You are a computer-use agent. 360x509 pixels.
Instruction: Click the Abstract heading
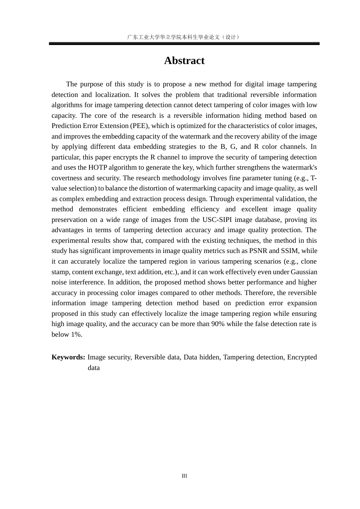click(184, 61)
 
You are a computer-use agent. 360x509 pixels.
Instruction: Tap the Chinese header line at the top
click(184, 37)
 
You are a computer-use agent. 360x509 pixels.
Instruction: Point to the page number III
click(184, 476)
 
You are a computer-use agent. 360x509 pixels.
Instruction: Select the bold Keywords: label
click(68, 357)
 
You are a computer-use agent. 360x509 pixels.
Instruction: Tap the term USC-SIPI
click(217, 220)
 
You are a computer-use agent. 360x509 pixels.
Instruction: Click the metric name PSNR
click(258, 251)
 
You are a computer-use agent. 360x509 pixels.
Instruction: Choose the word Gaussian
click(304, 272)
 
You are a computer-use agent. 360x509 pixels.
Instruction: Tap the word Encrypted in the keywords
click(302, 357)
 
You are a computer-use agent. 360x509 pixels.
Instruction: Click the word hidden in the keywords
click(209, 357)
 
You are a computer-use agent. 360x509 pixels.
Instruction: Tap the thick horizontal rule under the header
click(184, 44)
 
